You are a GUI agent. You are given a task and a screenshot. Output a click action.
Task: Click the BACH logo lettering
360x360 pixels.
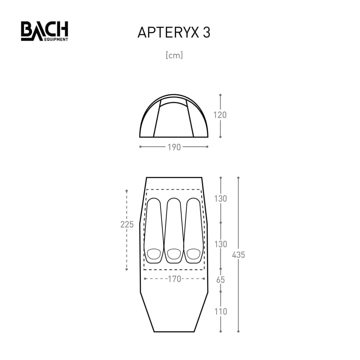[x=44, y=30]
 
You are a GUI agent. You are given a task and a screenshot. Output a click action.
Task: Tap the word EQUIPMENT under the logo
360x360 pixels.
[x=54, y=39]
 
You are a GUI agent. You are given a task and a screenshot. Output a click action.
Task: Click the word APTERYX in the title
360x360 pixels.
[x=166, y=32]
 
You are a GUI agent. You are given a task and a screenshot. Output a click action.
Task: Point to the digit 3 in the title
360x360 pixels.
[x=206, y=32]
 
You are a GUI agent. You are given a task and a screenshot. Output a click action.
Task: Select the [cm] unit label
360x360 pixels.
[x=174, y=55]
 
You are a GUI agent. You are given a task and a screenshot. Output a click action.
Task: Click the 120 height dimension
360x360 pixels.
[x=220, y=115]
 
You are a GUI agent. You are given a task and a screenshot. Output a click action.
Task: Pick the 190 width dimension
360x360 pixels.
[x=174, y=147]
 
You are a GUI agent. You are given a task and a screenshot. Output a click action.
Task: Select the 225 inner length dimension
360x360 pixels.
[x=127, y=225]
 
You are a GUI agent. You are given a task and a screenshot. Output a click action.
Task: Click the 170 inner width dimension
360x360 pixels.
[x=174, y=279]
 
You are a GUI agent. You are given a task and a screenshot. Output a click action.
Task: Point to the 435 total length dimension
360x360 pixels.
[x=238, y=255]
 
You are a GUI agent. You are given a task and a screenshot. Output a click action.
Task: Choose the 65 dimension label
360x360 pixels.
[x=220, y=280]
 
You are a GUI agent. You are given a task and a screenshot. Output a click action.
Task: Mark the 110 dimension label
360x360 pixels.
[x=220, y=311]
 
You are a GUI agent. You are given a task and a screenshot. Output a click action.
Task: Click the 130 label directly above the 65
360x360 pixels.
[x=220, y=244]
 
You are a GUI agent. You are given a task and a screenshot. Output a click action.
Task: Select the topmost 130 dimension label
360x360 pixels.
[x=220, y=198]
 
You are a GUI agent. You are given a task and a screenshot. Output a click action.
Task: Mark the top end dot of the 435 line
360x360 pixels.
[x=238, y=177]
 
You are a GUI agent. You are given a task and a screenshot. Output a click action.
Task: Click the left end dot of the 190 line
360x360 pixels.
[x=140, y=147]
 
